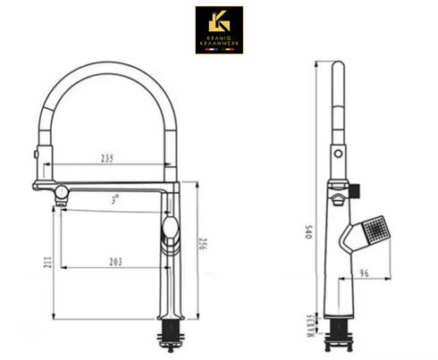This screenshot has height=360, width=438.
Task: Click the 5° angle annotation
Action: click(x=115, y=200)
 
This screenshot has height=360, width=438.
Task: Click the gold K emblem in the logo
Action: click(x=219, y=21)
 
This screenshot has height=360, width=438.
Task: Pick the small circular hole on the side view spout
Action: click(x=337, y=154)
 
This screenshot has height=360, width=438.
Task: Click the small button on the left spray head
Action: click(x=36, y=154)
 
